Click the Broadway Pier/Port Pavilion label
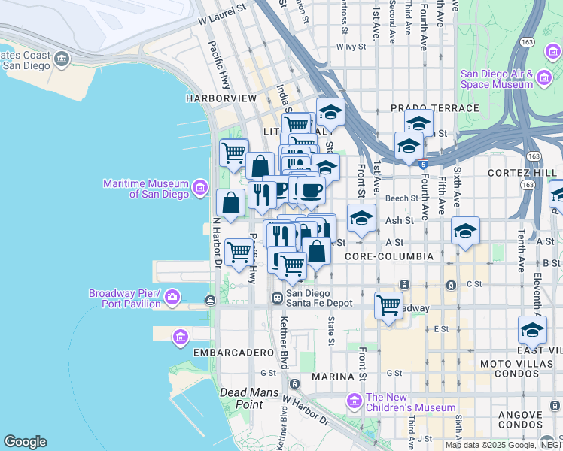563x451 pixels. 125,298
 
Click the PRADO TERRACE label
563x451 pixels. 434,108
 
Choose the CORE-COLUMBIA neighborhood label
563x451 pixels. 389,256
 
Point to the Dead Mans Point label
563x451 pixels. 241,398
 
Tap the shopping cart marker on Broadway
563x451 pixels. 388,305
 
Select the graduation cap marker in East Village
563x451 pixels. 532,329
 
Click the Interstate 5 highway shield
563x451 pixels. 425,163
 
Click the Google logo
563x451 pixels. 25,442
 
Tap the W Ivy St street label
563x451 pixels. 351,47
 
